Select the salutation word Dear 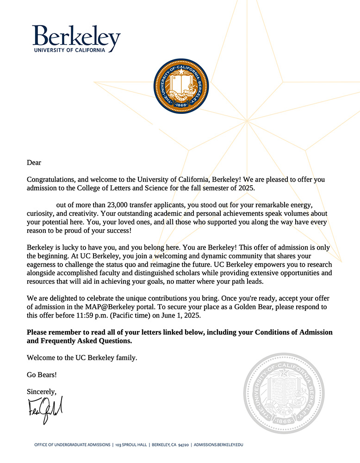34,163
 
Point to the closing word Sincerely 42,392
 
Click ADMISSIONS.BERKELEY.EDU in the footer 218,445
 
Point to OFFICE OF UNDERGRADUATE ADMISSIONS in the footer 72,445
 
